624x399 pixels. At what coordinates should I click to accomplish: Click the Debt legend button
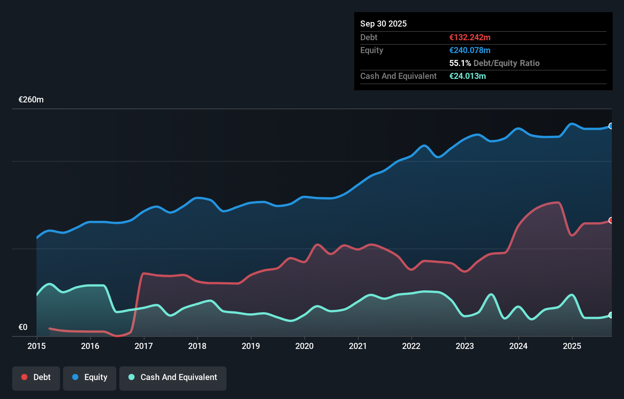(36, 378)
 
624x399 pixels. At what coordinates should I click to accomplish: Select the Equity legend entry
(90, 378)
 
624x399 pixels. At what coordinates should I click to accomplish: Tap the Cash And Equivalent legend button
(173, 378)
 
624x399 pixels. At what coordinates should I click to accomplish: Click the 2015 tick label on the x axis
(36, 346)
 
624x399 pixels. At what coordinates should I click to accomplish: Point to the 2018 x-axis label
(197, 346)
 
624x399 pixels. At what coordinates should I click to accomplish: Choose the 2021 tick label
(358, 346)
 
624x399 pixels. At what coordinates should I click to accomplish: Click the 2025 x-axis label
(572, 346)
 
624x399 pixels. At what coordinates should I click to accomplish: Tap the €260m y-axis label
(31, 100)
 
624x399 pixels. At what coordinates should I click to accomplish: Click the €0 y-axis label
(23, 327)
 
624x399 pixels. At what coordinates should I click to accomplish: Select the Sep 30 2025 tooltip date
(383, 24)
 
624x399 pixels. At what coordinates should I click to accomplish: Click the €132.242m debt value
(470, 37)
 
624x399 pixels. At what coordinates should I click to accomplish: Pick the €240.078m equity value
(470, 50)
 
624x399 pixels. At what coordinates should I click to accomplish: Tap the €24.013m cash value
(467, 76)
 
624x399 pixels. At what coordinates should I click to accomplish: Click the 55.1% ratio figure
(460, 63)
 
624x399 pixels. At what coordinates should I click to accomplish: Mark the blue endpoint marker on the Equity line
(611, 126)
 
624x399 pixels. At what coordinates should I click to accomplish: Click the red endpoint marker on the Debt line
(611, 220)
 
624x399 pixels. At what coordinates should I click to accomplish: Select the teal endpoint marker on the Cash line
(611, 315)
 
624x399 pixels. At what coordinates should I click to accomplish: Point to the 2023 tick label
(465, 346)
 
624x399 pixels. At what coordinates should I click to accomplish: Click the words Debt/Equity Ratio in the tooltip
(507, 63)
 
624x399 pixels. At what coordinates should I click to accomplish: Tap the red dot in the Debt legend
(24, 377)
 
